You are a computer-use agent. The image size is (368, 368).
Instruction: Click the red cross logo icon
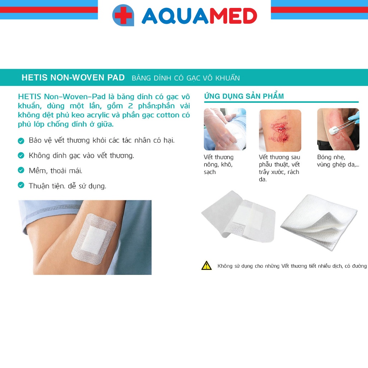click(x=123, y=15)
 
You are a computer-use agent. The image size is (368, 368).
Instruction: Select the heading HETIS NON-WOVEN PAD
click(x=73, y=78)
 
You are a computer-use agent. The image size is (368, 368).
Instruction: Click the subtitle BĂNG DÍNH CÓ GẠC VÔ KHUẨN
click(x=186, y=78)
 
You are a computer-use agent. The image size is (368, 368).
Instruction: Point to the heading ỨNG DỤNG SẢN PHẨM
click(x=244, y=96)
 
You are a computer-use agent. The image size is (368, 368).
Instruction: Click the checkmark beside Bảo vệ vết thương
click(x=21, y=141)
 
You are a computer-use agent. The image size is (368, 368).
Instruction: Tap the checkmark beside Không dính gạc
click(x=21, y=156)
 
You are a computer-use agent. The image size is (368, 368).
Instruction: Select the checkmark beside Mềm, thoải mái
click(x=21, y=170)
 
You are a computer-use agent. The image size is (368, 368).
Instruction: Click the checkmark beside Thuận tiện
click(x=21, y=185)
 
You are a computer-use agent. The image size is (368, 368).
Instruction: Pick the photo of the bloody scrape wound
click(x=280, y=130)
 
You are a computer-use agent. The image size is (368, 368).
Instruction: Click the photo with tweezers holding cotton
click(x=338, y=129)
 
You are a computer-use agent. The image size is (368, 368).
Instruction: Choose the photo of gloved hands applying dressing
click(x=225, y=129)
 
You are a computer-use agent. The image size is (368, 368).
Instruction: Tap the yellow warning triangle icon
click(x=207, y=266)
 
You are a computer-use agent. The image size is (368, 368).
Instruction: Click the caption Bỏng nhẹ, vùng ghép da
click(x=337, y=161)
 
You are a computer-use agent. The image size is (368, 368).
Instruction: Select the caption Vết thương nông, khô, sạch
click(x=218, y=165)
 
